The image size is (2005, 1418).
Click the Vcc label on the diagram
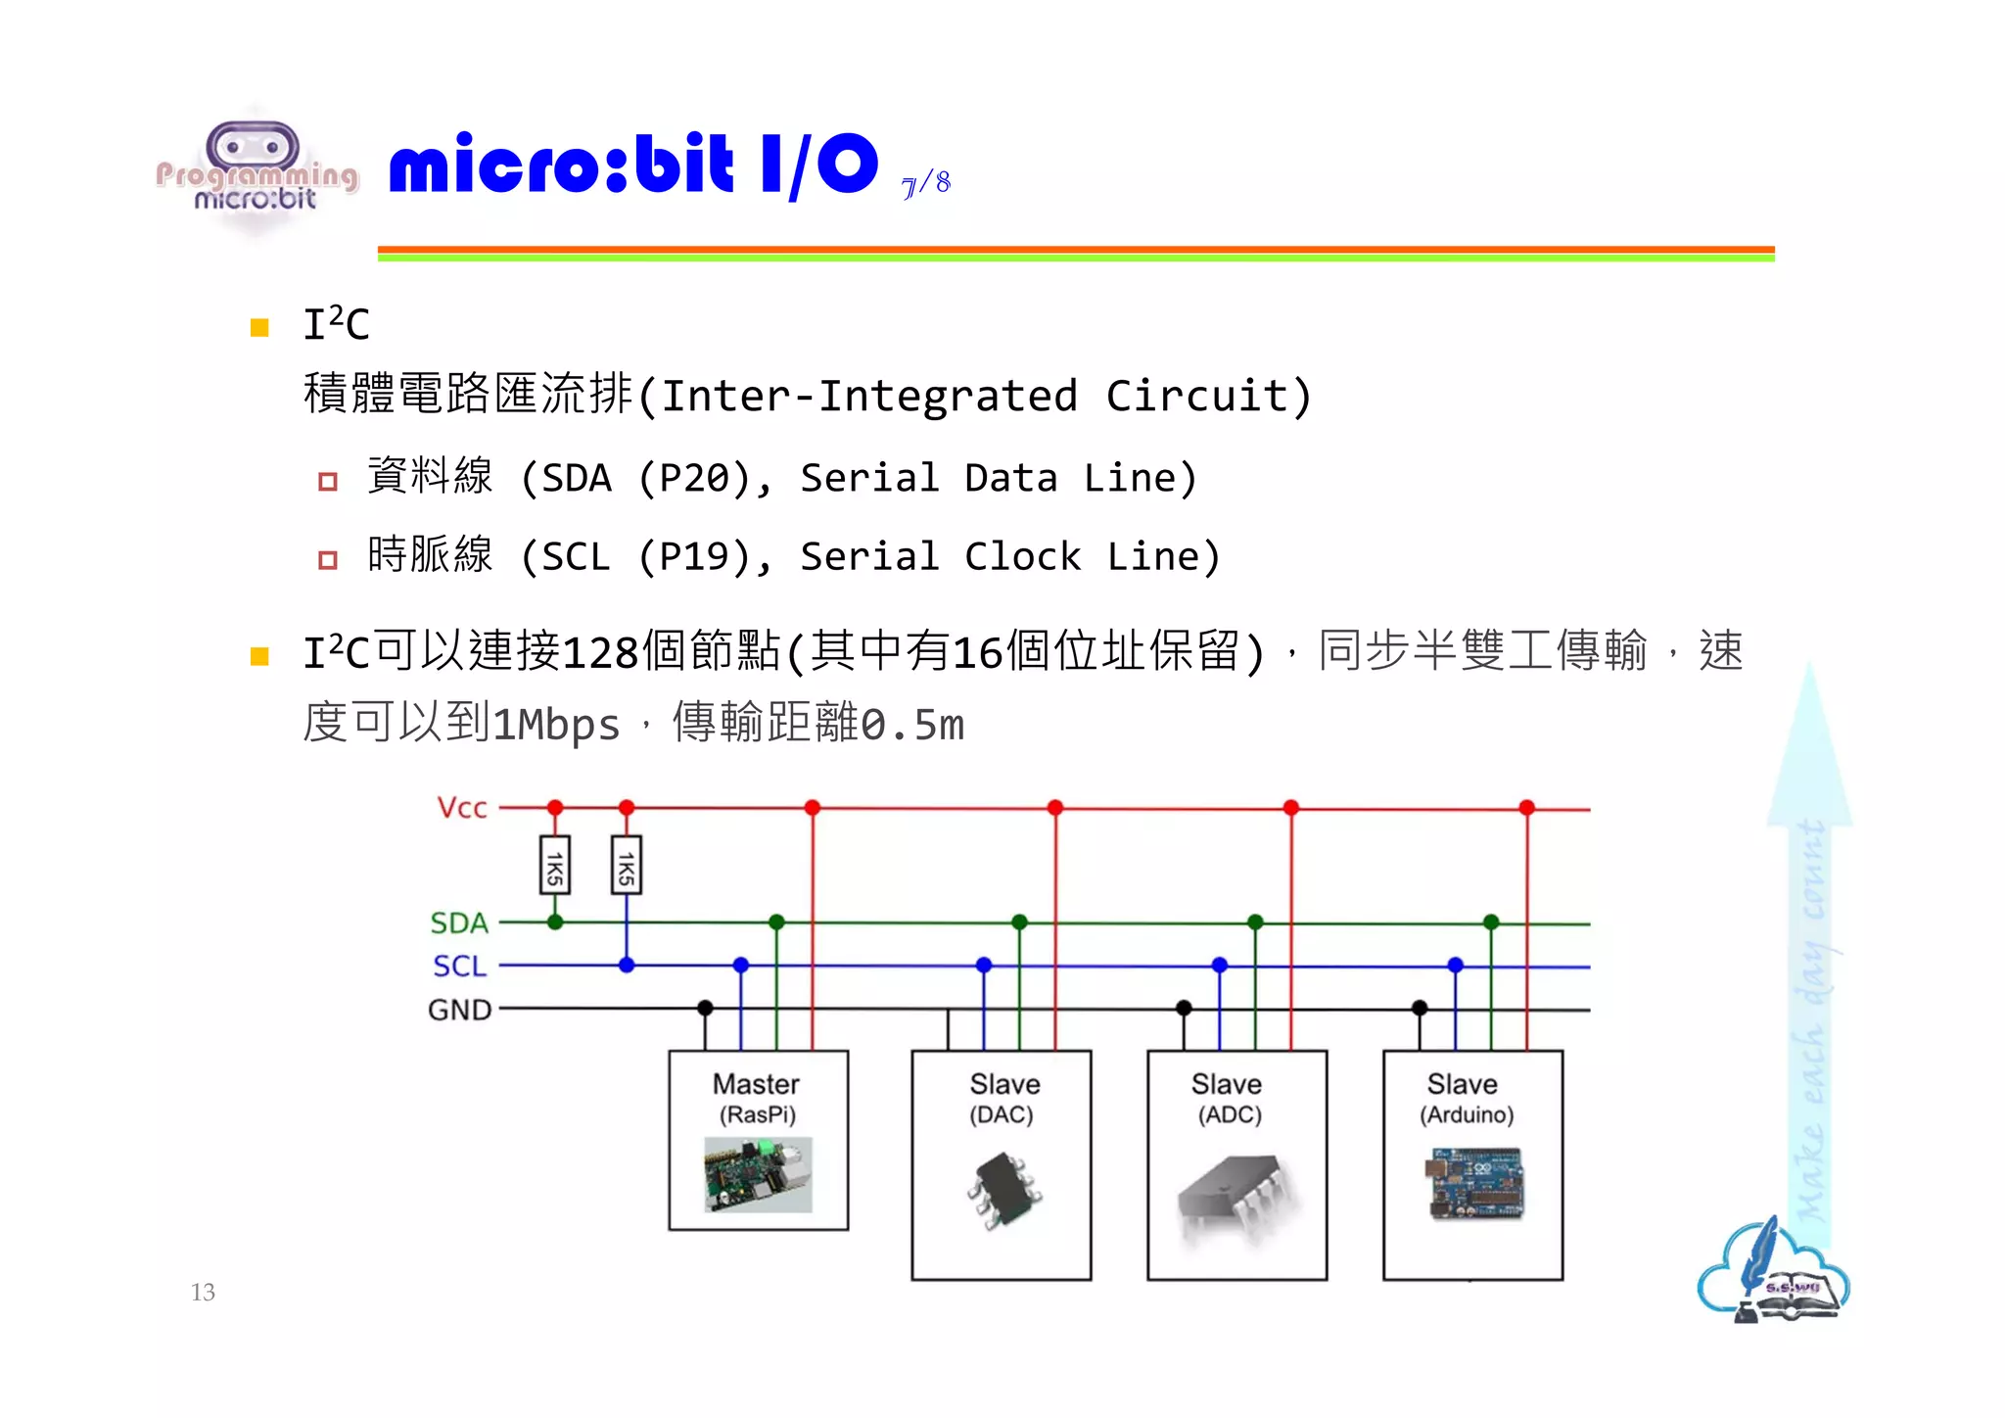pos(461,808)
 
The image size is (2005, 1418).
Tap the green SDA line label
pos(458,922)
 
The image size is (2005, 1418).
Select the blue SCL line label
pos(459,967)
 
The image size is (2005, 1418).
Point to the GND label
pos(459,1010)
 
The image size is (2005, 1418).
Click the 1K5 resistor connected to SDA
pos(555,866)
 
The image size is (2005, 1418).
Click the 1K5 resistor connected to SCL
pos(627,866)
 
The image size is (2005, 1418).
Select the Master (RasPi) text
pos(757,1098)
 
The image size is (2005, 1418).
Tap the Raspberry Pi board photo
pos(758,1174)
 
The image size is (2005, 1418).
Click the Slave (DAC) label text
pos(1003,1098)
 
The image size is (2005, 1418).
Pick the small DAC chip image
pos(1003,1190)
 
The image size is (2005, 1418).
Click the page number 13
pos(203,1293)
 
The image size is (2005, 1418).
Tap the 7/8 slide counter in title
pos(926,183)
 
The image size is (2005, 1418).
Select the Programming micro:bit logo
pos(256,174)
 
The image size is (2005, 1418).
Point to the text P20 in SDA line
pos(695,478)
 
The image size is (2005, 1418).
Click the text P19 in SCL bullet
pos(695,557)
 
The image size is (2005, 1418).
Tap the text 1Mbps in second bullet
pos(556,726)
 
